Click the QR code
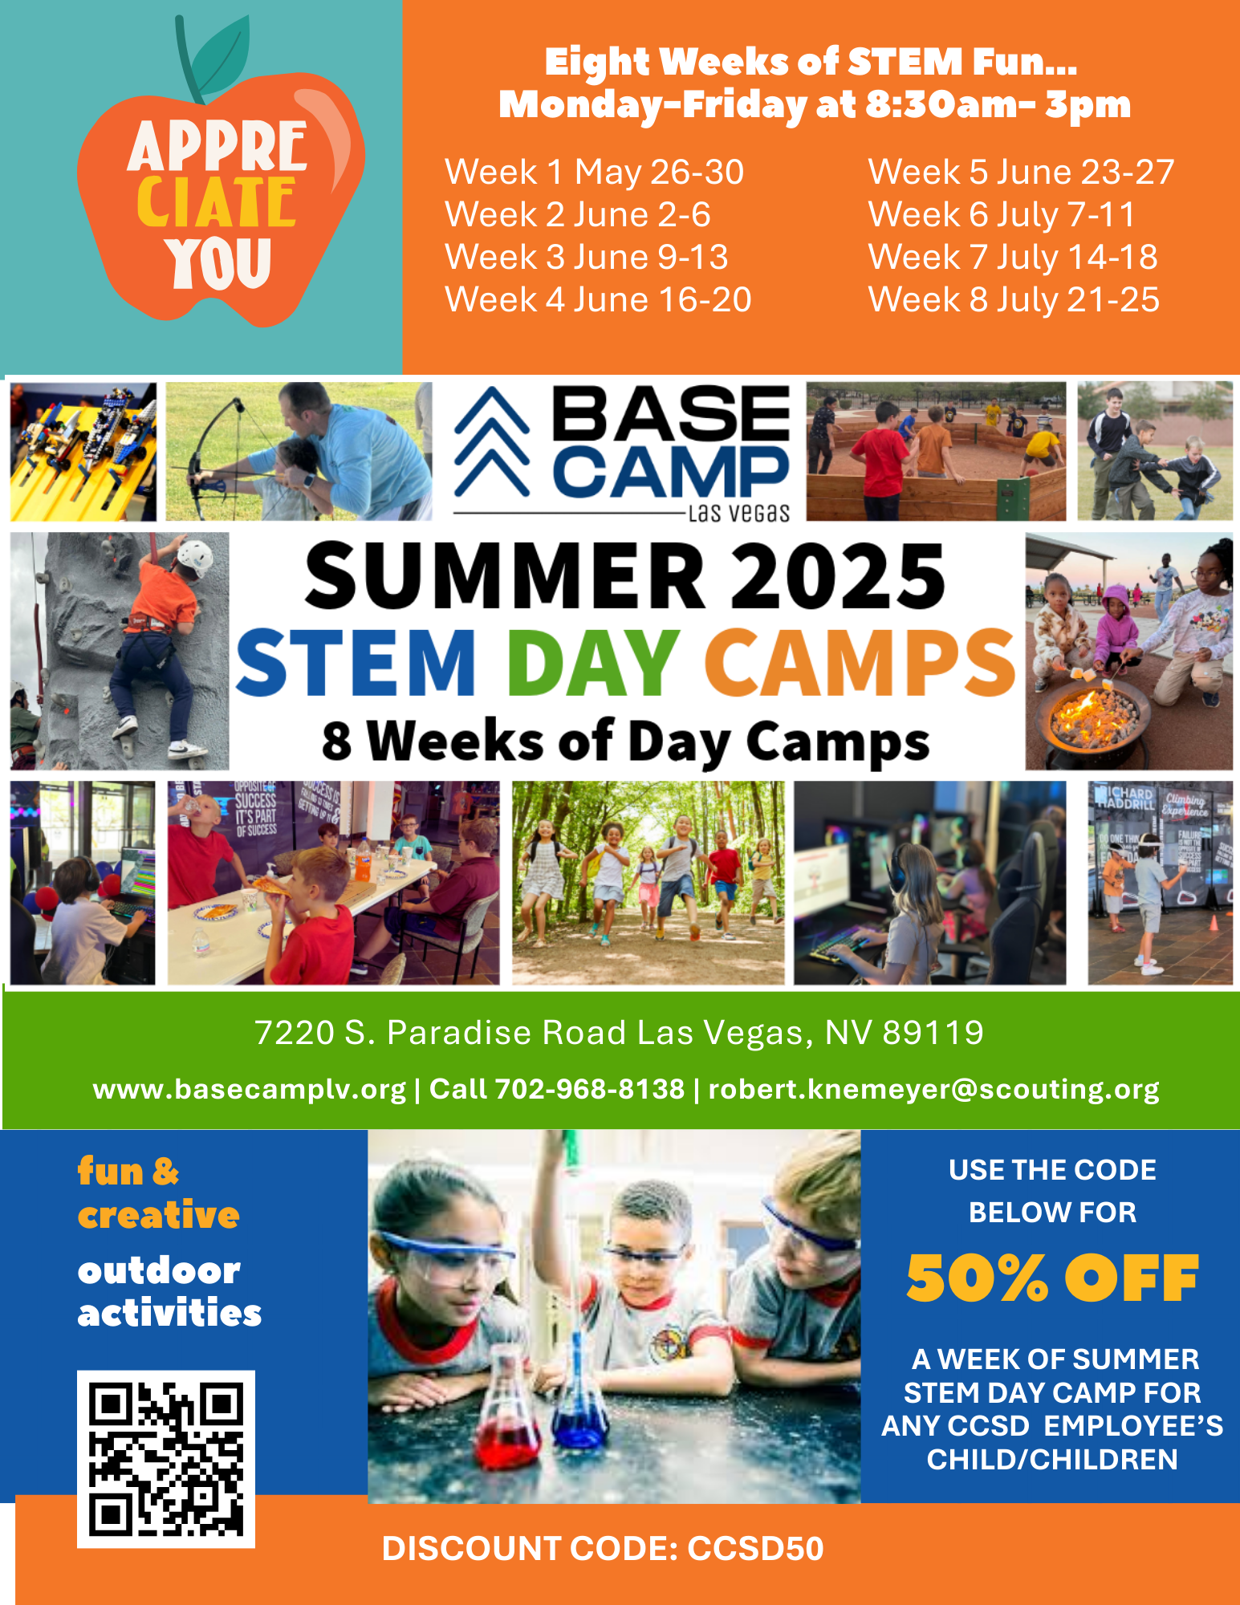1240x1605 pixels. click(x=166, y=1459)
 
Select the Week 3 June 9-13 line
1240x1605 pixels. click(x=587, y=257)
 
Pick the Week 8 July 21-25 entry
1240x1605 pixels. click(x=1014, y=299)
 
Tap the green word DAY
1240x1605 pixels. click(x=592, y=662)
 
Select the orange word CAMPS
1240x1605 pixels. click(x=860, y=662)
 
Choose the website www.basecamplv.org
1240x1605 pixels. click(x=250, y=1089)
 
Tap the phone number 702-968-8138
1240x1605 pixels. click(x=589, y=1088)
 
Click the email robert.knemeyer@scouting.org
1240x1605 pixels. click(x=933, y=1089)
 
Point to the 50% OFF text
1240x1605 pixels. click(x=1052, y=1278)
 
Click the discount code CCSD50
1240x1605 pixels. click(x=755, y=1549)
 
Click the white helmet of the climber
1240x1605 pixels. click(x=194, y=556)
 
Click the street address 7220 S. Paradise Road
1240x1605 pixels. click(x=440, y=1033)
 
